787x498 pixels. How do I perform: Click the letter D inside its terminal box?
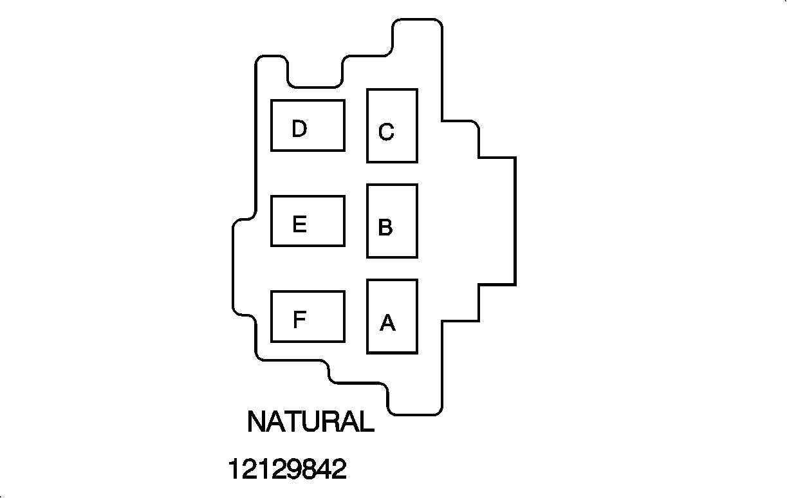[x=299, y=129]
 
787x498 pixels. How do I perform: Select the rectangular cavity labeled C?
[x=392, y=125]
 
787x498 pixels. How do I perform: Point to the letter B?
[x=385, y=228]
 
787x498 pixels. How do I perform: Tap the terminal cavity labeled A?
[x=392, y=316]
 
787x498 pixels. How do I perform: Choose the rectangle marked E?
[x=308, y=221]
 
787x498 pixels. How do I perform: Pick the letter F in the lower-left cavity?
[x=299, y=320]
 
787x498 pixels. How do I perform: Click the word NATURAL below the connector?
[x=310, y=422]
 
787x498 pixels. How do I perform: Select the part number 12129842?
[x=287, y=469]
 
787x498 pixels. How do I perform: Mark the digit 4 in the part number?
[x=321, y=469]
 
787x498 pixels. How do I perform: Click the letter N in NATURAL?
[x=257, y=422]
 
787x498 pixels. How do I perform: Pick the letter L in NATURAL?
[x=366, y=422]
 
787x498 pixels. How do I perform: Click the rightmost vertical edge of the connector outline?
[x=515, y=220]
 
